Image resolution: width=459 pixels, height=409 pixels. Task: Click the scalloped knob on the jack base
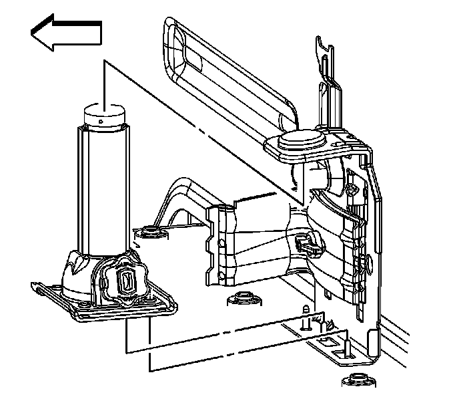click(x=122, y=281)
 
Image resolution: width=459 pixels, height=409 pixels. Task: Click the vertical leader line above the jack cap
click(x=105, y=80)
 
